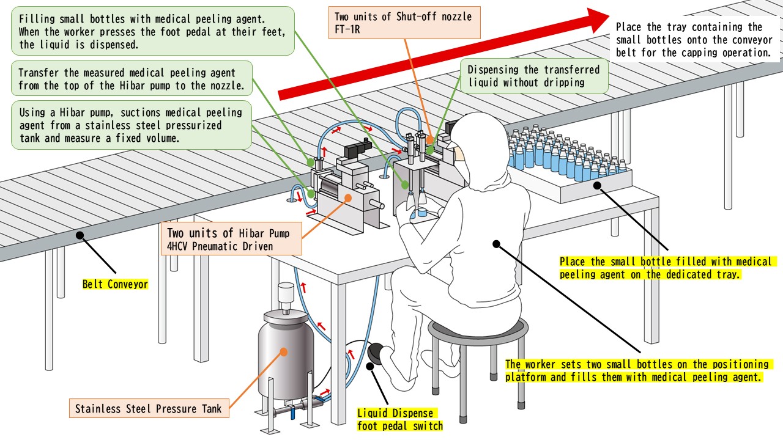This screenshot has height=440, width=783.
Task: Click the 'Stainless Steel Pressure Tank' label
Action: [x=149, y=408]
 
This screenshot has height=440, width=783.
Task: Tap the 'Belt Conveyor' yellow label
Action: [x=116, y=284]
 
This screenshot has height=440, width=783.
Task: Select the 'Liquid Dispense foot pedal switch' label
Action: [x=400, y=419]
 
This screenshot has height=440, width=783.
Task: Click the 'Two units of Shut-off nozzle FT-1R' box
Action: [x=404, y=23]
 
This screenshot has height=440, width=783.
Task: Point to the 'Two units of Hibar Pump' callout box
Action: [x=231, y=239]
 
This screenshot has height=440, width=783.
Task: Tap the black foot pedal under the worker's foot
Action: [x=376, y=351]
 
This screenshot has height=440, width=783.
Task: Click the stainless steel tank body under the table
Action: [x=286, y=360]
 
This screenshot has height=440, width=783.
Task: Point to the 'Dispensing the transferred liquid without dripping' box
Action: [x=534, y=76]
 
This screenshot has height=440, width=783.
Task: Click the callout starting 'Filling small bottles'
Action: [x=153, y=31]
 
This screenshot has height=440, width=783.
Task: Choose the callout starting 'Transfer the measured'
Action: [x=132, y=79]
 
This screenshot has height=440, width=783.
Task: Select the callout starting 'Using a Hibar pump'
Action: [x=132, y=125]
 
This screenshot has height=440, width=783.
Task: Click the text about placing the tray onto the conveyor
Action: [x=694, y=40]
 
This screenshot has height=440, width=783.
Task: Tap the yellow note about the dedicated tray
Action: [x=667, y=268]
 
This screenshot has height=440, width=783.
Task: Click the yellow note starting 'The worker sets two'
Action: [x=639, y=370]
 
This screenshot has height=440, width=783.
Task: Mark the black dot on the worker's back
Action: [x=496, y=244]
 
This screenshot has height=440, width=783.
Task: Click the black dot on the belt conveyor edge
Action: [x=80, y=235]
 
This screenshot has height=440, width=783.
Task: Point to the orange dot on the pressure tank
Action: [x=284, y=352]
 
